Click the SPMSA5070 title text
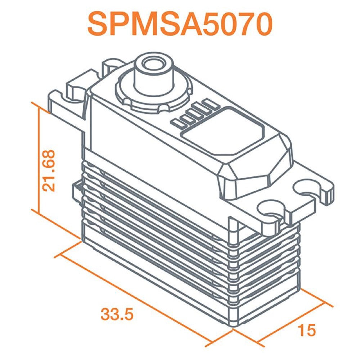180,24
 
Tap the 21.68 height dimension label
49,170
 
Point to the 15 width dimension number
307,330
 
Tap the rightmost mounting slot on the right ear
308,188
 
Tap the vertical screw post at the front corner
233,271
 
